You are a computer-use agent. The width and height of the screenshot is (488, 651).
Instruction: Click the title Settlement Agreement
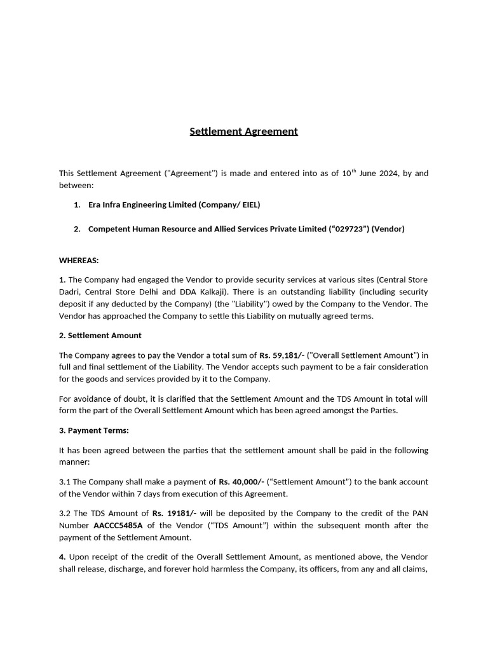tap(243, 132)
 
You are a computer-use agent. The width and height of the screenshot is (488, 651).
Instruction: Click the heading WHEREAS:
tap(79, 260)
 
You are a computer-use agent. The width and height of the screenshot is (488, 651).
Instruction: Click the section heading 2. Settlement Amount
tap(100, 335)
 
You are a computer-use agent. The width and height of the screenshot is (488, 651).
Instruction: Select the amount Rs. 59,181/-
tap(281, 355)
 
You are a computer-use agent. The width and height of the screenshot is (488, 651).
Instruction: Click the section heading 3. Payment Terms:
tap(93, 430)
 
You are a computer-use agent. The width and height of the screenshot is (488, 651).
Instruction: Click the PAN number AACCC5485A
tap(118, 525)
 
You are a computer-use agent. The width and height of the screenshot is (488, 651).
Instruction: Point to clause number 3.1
tap(65, 482)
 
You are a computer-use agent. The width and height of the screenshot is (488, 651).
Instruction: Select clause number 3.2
tap(65, 513)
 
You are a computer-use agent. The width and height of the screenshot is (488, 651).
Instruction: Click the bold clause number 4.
tap(62, 557)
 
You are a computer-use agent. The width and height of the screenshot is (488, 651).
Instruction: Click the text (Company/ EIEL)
tap(229, 205)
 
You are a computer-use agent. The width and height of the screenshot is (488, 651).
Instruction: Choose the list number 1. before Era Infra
tap(77, 205)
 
